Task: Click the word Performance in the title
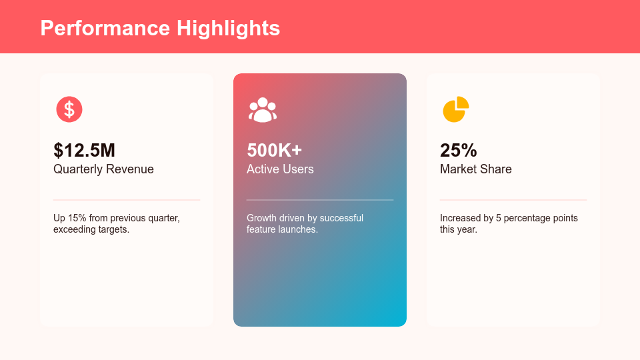pyautogui.click(x=105, y=28)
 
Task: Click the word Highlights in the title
pyautogui.click(x=228, y=29)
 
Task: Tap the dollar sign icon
pyautogui.click(x=69, y=109)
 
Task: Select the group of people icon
pyautogui.click(x=263, y=110)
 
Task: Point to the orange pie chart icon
pyautogui.click(x=455, y=110)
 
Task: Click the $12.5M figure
pyautogui.click(x=85, y=150)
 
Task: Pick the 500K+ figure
pyautogui.click(x=274, y=150)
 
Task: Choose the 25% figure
pyautogui.click(x=459, y=150)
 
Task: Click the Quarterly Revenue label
pyautogui.click(x=104, y=169)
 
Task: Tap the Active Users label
pyautogui.click(x=280, y=169)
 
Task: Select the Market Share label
pyautogui.click(x=476, y=169)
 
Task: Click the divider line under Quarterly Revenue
pyautogui.click(x=127, y=200)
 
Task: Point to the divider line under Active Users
pyautogui.click(x=320, y=200)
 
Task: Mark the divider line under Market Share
pyautogui.click(x=513, y=200)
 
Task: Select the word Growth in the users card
pyautogui.click(x=261, y=218)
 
